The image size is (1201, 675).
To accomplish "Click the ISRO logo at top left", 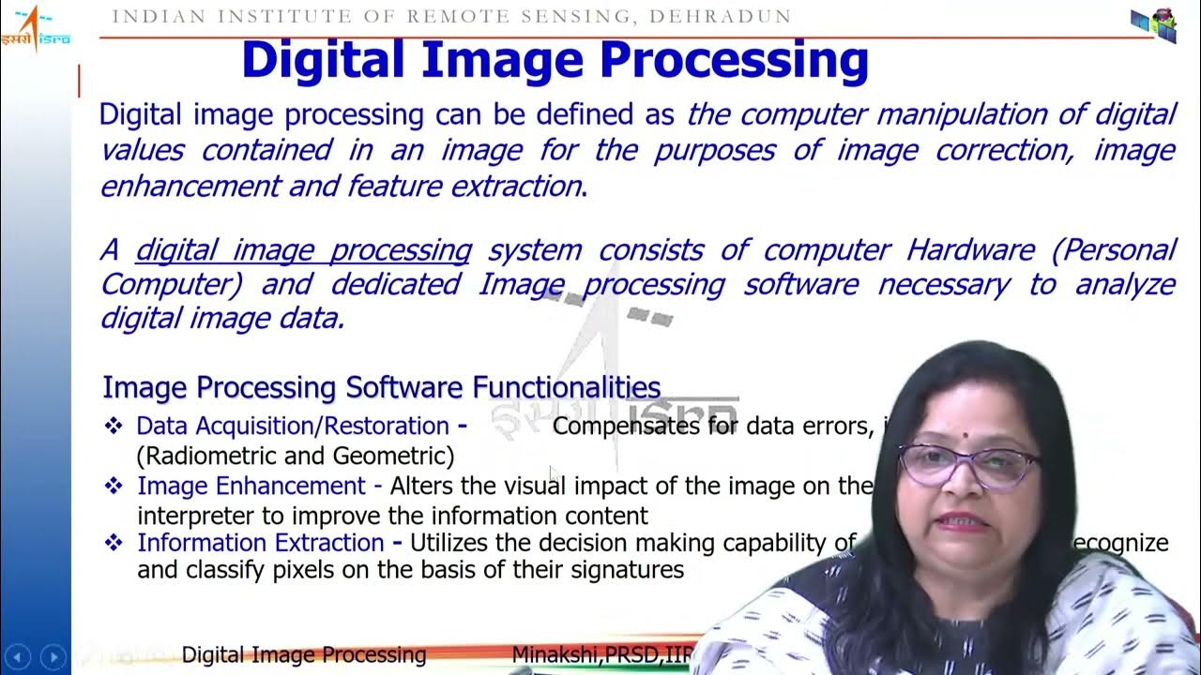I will coord(36,28).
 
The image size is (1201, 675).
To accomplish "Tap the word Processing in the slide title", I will coord(735,59).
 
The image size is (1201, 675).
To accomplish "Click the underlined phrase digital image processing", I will coord(303,250).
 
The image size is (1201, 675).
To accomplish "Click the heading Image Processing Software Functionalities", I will coord(381,387).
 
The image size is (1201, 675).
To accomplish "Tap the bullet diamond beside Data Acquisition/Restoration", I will coord(114,427).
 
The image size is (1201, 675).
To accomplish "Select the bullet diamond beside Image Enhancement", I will coord(114,486).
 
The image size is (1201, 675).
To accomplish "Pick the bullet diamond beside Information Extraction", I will coord(114,543).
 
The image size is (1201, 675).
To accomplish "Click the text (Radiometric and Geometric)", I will coord(296,456).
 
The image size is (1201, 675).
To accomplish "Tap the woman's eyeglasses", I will coord(966,464).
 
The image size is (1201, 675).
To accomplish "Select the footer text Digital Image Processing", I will coord(304,654).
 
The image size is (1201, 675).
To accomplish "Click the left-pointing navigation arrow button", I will coord(18,656).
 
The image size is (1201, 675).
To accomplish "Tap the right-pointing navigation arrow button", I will coord(53,656).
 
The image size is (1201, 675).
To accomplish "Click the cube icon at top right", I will coord(1153,24).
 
